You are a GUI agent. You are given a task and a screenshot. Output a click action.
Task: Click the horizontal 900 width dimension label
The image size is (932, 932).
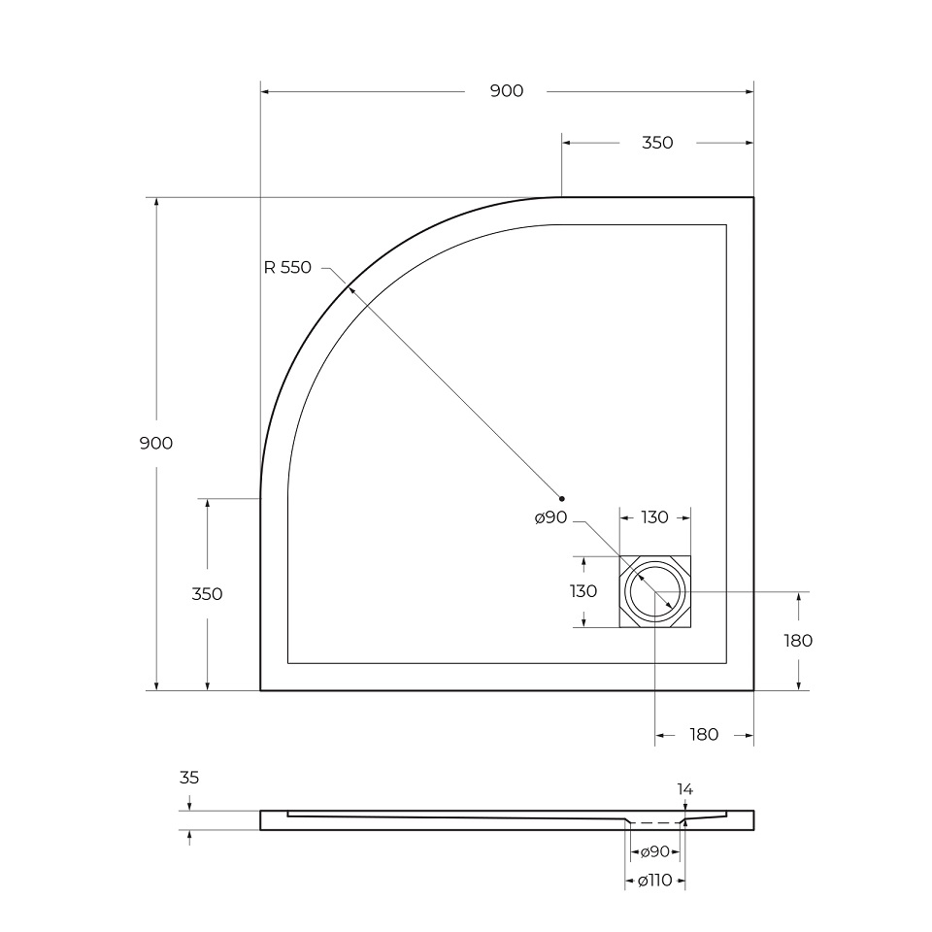coord(506,91)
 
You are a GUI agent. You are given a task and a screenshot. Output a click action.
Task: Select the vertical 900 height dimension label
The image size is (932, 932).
coord(155,443)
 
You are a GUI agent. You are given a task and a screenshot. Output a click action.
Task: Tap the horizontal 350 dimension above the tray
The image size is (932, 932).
coord(657,143)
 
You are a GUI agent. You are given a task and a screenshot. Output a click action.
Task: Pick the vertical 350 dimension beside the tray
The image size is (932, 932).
coord(207,594)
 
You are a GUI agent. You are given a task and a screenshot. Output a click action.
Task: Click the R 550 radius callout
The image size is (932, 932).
coord(287,268)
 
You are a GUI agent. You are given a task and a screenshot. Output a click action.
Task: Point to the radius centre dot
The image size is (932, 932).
coord(561,498)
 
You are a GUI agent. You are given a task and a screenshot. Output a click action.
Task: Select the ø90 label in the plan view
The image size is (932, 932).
coord(550,518)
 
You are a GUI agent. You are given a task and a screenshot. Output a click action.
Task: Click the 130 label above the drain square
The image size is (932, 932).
coord(655,517)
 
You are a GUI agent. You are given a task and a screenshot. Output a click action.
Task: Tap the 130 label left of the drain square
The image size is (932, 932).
coord(582,591)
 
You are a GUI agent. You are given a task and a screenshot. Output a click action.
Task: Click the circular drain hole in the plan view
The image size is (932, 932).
coord(655,591)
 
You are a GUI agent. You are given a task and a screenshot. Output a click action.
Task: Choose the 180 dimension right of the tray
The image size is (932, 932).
coord(797,641)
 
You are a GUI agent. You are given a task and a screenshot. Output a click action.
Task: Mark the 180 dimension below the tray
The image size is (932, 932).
coord(704,735)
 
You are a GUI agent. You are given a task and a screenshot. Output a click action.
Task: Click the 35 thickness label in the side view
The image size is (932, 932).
coord(189,778)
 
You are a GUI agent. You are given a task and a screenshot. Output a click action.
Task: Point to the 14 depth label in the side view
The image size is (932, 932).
coord(685,790)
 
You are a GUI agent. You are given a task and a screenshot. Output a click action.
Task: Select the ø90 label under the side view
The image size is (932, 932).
coord(655,852)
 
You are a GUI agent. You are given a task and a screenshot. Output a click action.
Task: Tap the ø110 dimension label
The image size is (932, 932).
coord(655,882)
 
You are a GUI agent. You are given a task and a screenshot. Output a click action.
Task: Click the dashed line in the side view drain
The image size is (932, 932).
coord(655,823)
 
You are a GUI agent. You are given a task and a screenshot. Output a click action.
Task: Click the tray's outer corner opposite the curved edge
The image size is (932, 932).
coord(753,689)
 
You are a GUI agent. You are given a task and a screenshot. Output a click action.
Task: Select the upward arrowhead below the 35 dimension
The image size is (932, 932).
coord(189,836)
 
